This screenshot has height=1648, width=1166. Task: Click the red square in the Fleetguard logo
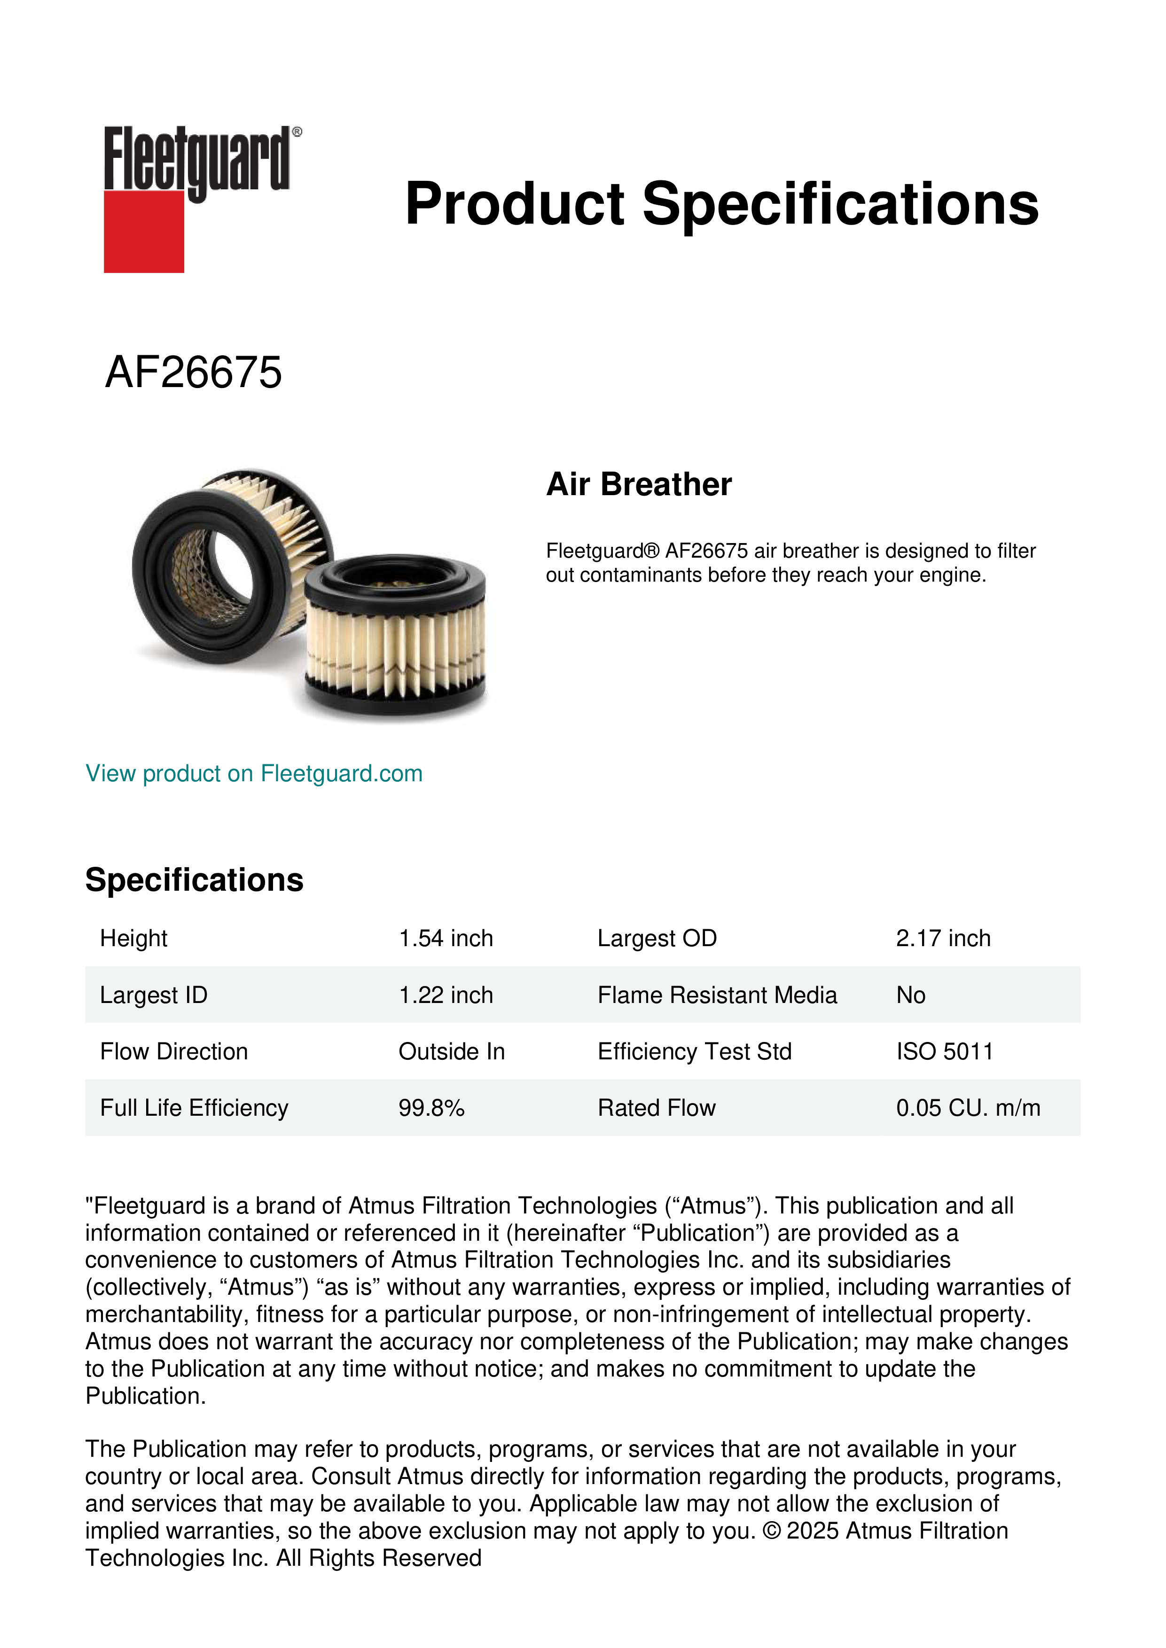coord(144,231)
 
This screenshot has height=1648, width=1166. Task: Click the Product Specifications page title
coord(721,204)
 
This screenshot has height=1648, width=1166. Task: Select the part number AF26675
coord(193,373)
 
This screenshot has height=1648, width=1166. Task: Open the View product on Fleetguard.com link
coord(253,773)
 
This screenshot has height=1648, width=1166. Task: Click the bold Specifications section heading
coord(194,880)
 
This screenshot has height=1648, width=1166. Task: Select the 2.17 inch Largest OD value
coord(943,938)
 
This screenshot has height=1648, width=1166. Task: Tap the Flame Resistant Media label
coord(717,995)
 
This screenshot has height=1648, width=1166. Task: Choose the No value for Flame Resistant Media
coord(910,995)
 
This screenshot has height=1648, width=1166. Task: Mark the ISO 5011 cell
coord(944,1051)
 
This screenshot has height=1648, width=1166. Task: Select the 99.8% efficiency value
coord(431,1108)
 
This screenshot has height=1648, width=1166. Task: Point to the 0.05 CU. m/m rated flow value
coord(967,1108)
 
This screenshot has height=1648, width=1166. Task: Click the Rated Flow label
coord(656,1108)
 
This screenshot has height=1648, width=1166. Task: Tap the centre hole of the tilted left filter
coord(228,567)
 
